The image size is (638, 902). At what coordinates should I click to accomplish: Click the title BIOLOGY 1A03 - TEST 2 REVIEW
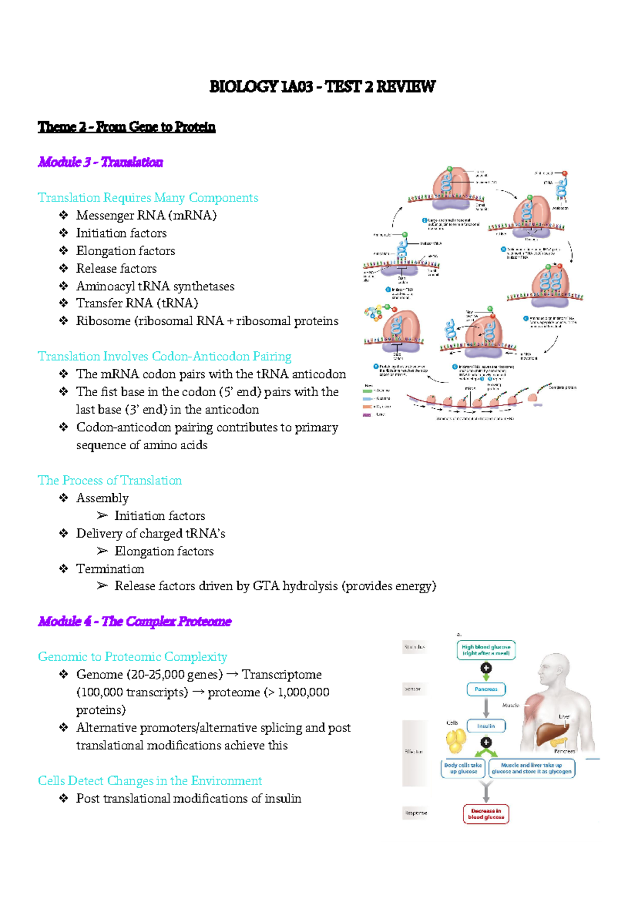tap(322, 87)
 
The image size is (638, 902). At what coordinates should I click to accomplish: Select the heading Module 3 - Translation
tap(100, 162)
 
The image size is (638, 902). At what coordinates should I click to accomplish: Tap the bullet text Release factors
tap(116, 268)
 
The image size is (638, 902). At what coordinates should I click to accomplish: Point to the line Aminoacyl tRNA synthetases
tap(155, 286)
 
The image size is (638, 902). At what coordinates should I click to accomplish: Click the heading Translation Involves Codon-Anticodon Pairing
tap(164, 356)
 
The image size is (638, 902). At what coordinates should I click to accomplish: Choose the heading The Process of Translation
tap(110, 480)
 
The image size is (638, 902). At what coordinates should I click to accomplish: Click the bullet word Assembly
tap(102, 498)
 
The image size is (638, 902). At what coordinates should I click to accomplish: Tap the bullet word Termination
tap(110, 569)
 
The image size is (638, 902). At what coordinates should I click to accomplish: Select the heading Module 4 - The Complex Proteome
tap(135, 621)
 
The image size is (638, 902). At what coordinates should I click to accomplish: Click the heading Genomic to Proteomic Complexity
tap(132, 657)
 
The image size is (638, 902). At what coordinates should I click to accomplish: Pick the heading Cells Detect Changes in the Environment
tap(150, 781)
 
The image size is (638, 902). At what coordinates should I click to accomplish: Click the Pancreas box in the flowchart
tap(486, 689)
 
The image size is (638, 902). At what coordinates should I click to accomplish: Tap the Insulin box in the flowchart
tap(486, 726)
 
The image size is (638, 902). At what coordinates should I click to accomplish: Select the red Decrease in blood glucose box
tap(486, 814)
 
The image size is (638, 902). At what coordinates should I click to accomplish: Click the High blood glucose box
tap(486, 650)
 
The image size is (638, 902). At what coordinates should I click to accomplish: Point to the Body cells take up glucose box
tap(463, 769)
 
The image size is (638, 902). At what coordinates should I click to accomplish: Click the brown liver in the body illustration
tap(551, 734)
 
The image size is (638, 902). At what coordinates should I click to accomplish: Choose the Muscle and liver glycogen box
tap(532, 769)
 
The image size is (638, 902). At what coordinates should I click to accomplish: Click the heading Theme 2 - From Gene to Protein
tap(127, 127)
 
